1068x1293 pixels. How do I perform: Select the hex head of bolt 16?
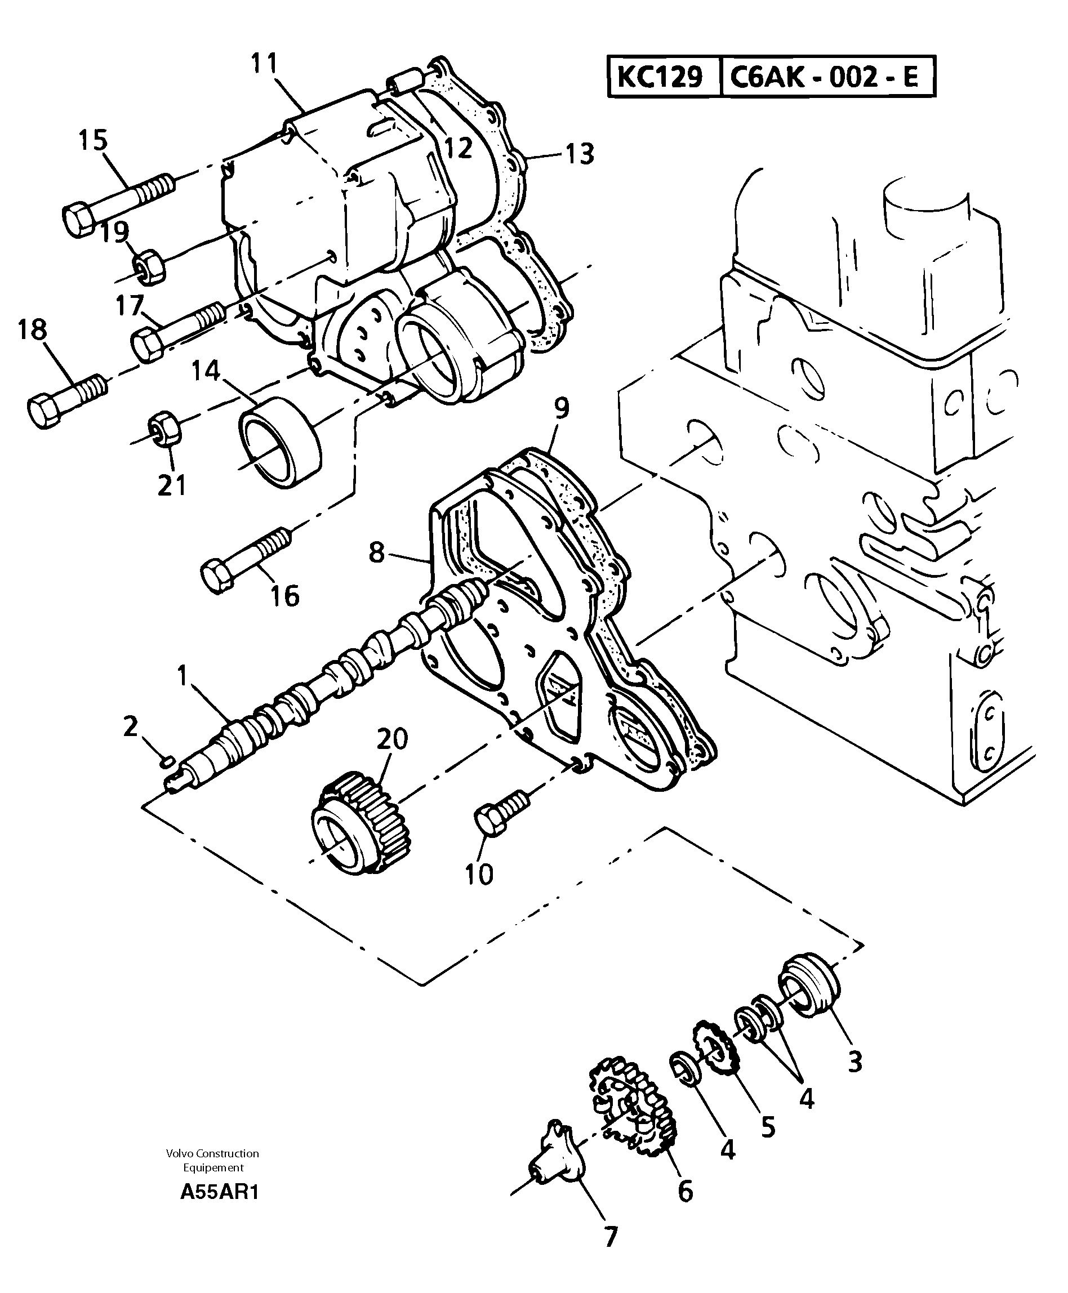click(x=217, y=576)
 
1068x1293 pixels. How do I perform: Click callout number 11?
click(x=265, y=64)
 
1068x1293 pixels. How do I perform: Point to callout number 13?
click(x=580, y=154)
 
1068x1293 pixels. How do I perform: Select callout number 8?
click(x=376, y=552)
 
